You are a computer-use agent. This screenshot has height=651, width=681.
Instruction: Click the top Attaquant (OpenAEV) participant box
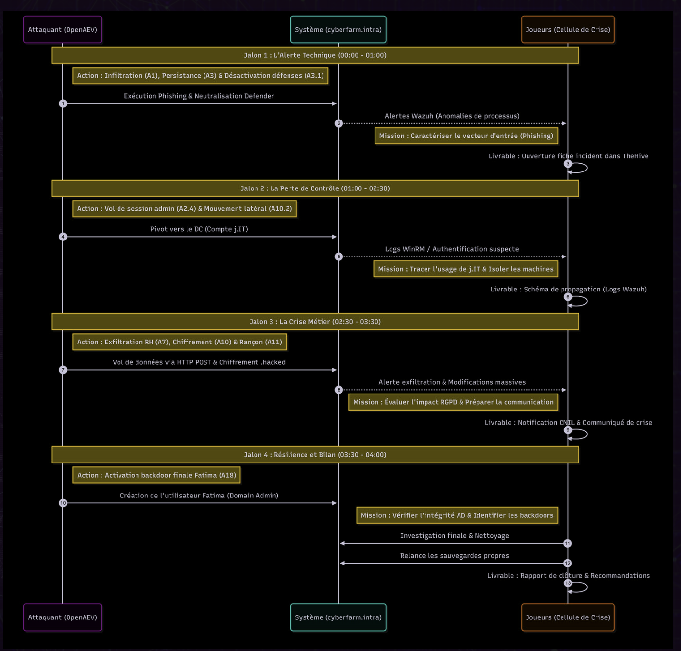coord(62,30)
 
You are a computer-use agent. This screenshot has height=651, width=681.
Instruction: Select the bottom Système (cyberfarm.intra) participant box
coord(338,617)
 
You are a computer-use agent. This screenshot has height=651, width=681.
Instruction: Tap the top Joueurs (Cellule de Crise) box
coord(568,30)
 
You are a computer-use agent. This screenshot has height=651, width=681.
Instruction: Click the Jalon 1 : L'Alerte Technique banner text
coord(315,55)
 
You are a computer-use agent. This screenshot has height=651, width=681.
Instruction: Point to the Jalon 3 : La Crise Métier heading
coord(315,322)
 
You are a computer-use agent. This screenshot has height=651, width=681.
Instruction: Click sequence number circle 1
coord(63,103)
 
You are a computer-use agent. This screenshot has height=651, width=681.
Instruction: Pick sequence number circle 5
coord(339,257)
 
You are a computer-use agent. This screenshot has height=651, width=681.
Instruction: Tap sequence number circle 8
coord(339,390)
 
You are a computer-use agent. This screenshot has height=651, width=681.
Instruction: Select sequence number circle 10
coord(63,503)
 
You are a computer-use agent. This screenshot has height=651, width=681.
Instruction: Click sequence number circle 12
coord(567,563)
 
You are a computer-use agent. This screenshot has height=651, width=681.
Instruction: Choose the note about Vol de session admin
coord(185,209)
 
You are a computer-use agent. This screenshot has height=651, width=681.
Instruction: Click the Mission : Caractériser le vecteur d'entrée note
coord(466,136)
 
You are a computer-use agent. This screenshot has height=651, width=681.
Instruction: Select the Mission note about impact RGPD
coord(453,402)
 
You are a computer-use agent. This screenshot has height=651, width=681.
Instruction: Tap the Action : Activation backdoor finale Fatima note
coord(156,475)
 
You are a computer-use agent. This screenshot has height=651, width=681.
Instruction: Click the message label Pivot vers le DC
coord(199,229)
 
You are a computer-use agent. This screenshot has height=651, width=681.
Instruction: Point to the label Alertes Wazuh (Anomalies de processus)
coord(452,116)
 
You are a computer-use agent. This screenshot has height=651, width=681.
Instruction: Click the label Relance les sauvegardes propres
coord(454,556)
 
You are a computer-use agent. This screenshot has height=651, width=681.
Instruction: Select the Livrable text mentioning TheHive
coord(568,156)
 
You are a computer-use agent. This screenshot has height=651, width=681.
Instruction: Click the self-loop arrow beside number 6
coord(581,301)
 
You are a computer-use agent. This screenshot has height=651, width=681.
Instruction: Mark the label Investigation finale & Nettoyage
coord(454,536)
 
